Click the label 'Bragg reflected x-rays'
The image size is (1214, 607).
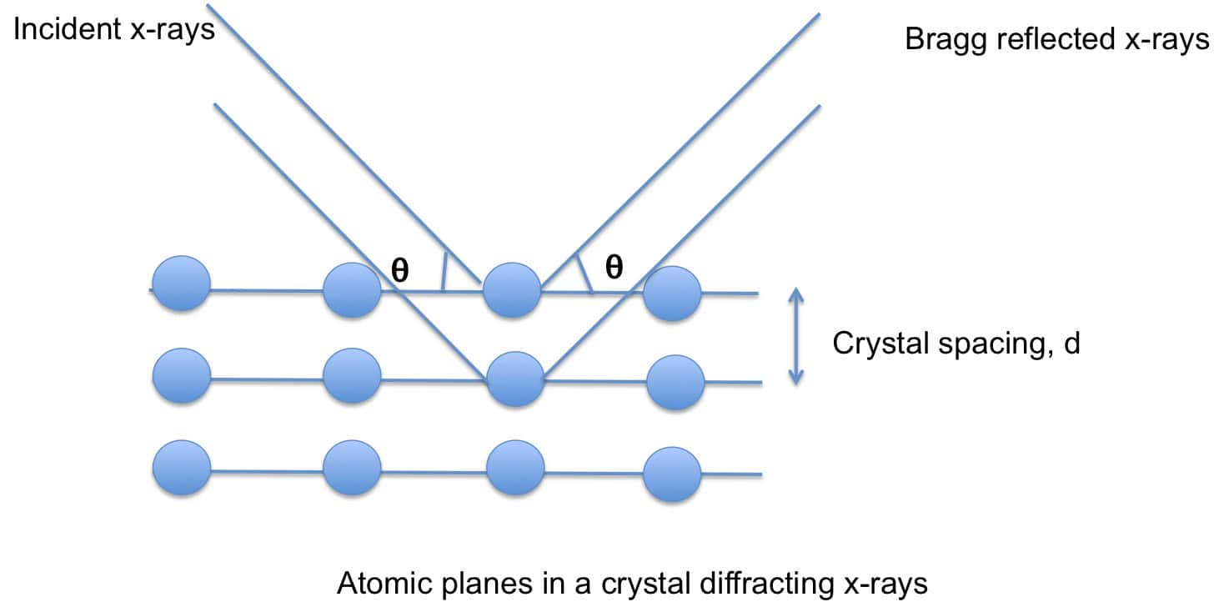click(1056, 39)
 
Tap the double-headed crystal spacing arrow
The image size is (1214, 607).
click(796, 336)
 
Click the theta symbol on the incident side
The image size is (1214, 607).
click(399, 271)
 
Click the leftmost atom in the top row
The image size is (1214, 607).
click(181, 283)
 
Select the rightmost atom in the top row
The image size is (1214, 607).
click(672, 293)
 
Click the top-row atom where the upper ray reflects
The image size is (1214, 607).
click(512, 289)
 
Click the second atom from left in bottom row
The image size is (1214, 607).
click(351, 469)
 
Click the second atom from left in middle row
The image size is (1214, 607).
click(351, 377)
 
